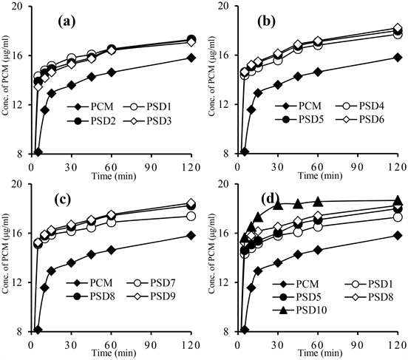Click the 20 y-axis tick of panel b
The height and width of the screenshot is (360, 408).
click(x=217, y=6)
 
